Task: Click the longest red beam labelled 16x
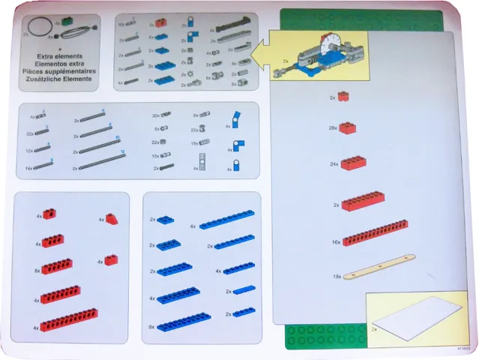click(375, 232)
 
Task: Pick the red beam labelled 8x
click(57, 266)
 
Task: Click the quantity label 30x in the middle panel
click(156, 116)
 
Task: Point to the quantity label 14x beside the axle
click(28, 169)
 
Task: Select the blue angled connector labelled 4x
click(238, 120)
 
